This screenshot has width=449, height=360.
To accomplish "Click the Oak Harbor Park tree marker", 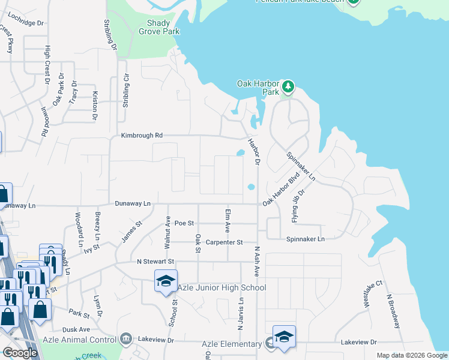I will [x=289, y=88].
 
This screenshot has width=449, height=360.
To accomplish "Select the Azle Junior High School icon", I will [x=165, y=281].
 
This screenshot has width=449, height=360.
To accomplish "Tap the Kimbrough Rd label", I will [x=142, y=136].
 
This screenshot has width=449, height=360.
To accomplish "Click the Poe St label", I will [x=184, y=223].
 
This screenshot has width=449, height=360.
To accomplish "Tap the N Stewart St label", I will [x=155, y=262].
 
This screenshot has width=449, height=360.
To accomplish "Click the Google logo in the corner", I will [x=20, y=353].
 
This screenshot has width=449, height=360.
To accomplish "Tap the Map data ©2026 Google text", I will [x=412, y=355].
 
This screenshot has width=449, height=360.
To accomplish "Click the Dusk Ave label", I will [x=76, y=329].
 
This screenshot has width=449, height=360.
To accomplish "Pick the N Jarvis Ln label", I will [x=242, y=314].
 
